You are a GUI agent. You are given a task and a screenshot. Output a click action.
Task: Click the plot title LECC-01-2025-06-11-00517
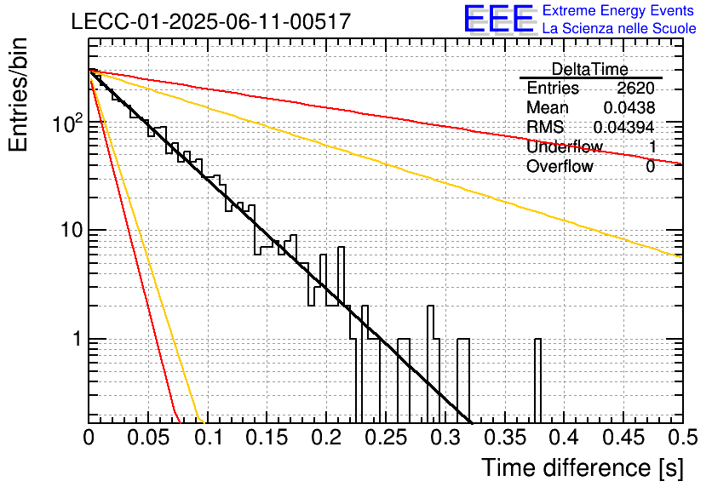pos(211,21)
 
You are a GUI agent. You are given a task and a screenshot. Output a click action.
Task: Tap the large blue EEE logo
pos(498,19)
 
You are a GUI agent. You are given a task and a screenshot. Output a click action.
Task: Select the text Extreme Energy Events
pos(618,10)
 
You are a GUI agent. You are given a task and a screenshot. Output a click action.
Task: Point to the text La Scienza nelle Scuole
pos(619,28)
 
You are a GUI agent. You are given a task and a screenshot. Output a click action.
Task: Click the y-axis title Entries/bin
pos(18,95)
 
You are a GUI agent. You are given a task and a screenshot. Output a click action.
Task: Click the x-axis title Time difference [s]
pos(583,467)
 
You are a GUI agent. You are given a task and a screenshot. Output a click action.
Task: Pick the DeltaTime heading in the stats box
pos(590,69)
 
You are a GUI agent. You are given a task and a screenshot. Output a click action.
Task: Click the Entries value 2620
pos(635,88)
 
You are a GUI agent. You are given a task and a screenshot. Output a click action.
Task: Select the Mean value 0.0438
pos(629,107)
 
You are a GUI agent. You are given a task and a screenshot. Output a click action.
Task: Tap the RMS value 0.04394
pos(624,127)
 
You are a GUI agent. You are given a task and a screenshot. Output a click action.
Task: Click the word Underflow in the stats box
pos(565,146)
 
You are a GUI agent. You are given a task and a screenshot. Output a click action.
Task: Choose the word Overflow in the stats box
pos(560,166)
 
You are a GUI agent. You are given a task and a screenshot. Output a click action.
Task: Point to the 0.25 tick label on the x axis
pos(386,438)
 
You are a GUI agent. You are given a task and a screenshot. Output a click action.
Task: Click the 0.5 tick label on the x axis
pos(682,438)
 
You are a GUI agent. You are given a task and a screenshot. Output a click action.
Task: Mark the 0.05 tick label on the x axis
pos(148,438)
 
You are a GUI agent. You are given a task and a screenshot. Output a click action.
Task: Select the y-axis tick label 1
pos(78,339)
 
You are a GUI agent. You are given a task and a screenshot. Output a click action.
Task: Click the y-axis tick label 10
pos(72,231)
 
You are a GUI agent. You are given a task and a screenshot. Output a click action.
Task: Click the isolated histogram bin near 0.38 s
pos(537,381)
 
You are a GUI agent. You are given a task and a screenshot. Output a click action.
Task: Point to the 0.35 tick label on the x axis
pos(504,438)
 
